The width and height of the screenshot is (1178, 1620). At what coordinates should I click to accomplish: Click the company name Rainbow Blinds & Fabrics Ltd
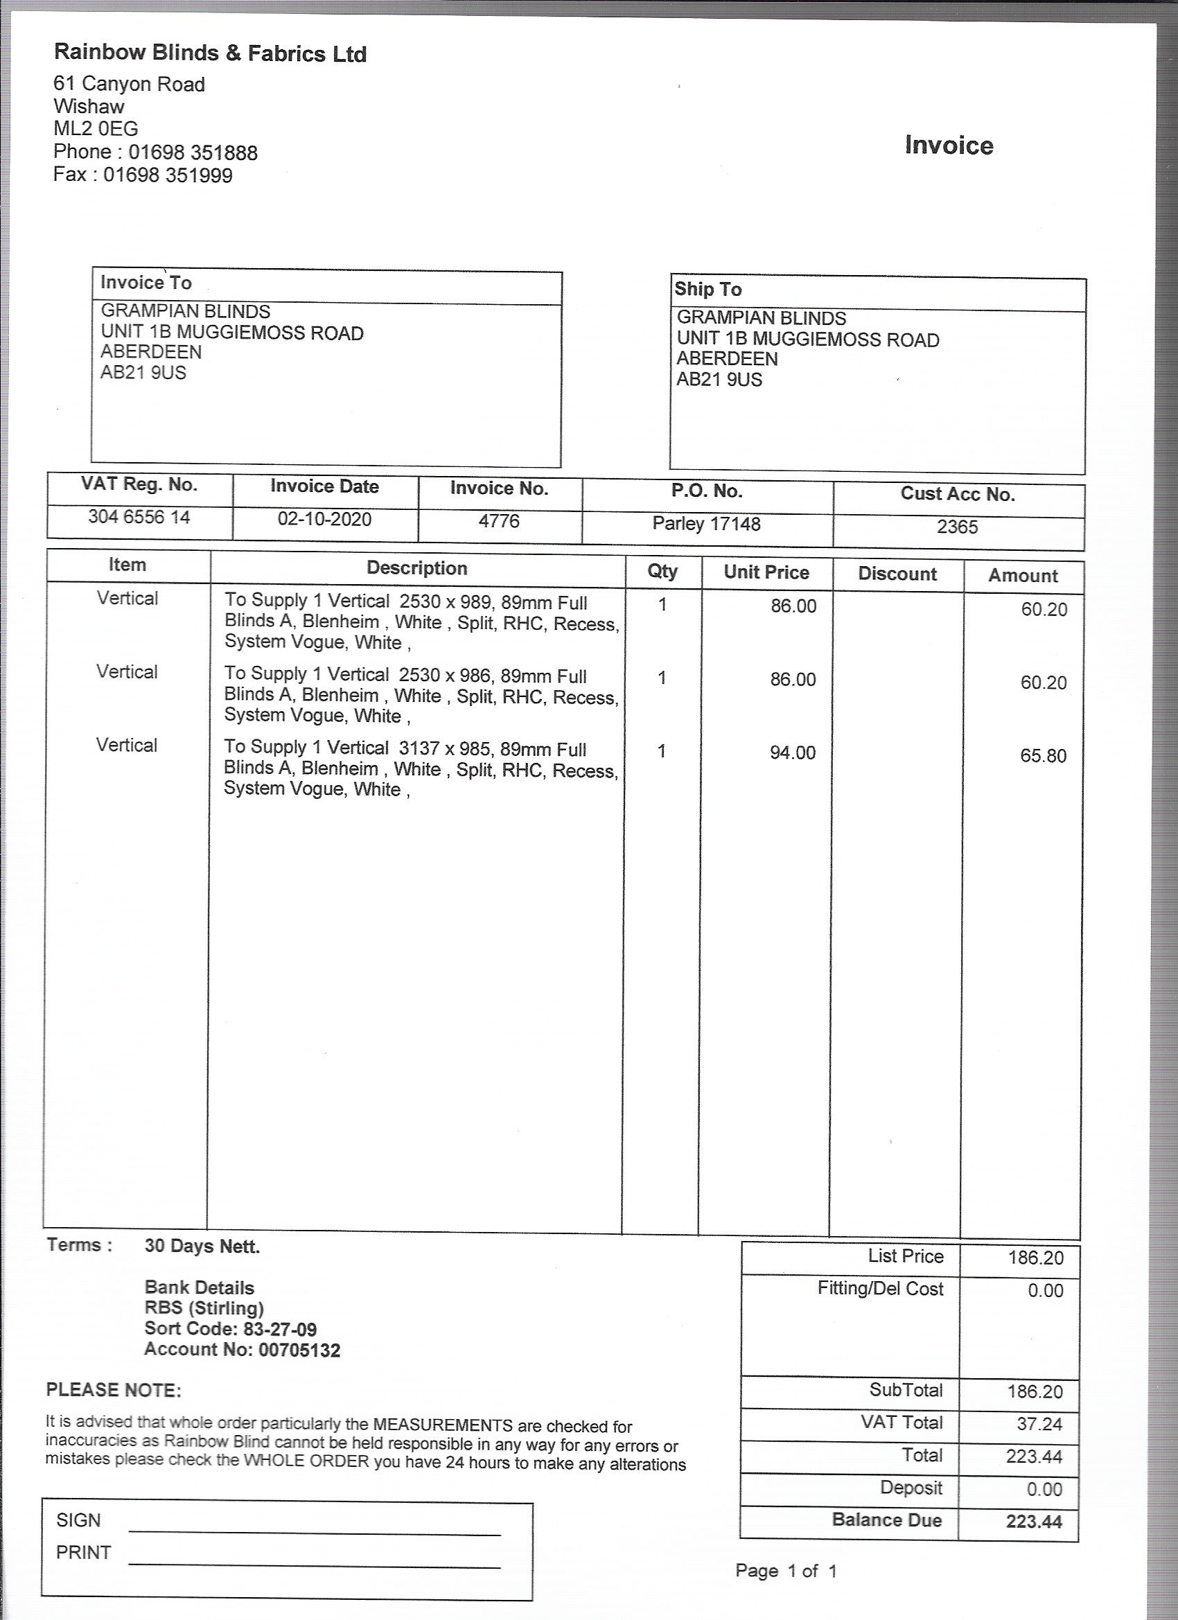tap(210, 53)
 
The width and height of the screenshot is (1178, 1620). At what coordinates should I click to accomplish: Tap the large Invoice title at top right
tap(949, 146)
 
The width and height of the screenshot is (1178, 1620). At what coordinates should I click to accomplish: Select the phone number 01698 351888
tap(193, 153)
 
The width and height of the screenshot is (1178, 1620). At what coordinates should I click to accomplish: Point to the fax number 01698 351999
tap(168, 176)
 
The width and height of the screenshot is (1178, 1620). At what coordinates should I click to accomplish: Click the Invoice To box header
tap(146, 283)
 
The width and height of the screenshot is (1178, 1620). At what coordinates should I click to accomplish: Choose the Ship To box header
tap(708, 290)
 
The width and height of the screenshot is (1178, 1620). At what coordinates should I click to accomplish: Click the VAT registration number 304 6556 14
tap(139, 517)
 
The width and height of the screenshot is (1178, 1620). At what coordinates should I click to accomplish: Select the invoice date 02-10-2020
tap(324, 519)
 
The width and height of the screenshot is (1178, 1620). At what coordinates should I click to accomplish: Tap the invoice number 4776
tap(499, 522)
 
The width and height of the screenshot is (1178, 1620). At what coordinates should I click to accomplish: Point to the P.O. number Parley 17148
tap(706, 525)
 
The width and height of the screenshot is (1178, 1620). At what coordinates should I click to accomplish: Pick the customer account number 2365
tap(957, 527)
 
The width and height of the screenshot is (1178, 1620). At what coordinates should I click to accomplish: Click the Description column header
tap(417, 569)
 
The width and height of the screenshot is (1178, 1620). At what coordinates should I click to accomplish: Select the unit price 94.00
tap(792, 753)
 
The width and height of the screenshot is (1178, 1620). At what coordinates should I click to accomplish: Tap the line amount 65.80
tap(1043, 756)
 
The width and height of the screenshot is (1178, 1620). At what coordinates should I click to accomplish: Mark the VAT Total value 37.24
tap(1039, 1424)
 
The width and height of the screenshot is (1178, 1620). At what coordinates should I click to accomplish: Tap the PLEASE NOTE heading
tap(114, 1390)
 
